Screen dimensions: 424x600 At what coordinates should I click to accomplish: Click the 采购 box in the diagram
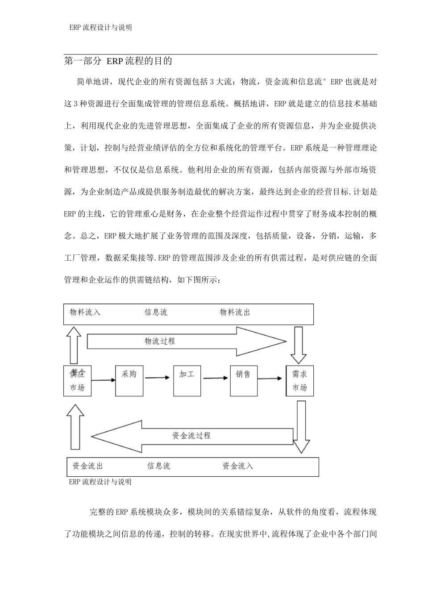click(x=129, y=381)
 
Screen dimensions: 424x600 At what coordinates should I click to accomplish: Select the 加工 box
click(x=187, y=381)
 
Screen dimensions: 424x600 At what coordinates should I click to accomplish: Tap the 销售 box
click(x=243, y=381)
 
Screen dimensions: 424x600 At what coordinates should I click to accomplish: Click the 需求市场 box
click(x=299, y=381)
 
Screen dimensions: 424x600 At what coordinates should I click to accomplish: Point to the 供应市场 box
click(x=77, y=381)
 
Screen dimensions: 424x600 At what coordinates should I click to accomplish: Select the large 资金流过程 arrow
click(x=192, y=436)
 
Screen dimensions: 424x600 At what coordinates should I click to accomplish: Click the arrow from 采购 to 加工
click(x=158, y=378)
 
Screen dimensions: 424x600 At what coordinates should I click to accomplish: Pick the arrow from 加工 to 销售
click(x=216, y=378)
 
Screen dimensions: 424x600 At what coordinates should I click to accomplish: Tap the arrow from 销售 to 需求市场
click(x=271, y=379)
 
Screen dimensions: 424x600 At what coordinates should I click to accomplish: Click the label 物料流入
click(x=85, y=312)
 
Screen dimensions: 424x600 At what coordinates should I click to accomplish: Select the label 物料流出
click(x=235, y=312)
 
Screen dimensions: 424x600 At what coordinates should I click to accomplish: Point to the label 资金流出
click(x=88, y=466)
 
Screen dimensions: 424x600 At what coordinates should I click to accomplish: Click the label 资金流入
click(x=238, y=466)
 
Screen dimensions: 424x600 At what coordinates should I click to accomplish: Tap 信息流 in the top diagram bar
click(x=156, y=312)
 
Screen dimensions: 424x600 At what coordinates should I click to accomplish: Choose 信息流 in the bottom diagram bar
click(x=159, y=466)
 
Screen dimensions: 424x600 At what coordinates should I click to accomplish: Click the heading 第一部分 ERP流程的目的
click(x=118, y=61)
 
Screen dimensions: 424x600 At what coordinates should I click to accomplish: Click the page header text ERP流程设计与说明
click(x=100, y=27)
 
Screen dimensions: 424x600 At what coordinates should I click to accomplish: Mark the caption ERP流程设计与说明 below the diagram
click(x=100, y=482)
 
